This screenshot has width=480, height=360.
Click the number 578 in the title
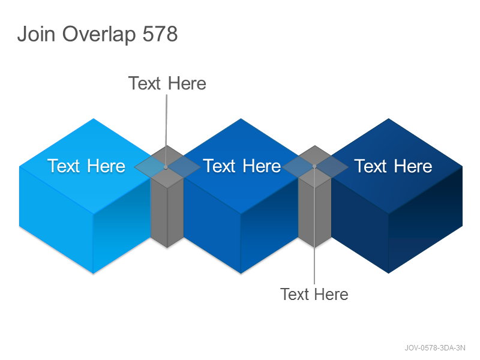(x=160, y=34)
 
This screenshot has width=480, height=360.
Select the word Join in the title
(x=36, y=34)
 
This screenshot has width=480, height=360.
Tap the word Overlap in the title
(x=99, y=34)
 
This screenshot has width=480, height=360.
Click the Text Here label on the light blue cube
(x=86, y=166)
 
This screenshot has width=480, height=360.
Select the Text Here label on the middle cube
(x=242, y=166)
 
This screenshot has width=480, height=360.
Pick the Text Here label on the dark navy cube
(x=393, y=166)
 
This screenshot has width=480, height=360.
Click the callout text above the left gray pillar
(x=167, y=83)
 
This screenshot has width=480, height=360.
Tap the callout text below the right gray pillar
(x=314, y=294)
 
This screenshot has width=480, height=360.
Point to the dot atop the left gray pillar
(x=166, y=167)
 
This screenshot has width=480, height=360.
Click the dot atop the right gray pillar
(x=314, y=166)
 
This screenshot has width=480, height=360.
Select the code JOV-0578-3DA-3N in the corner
(x=435, y=348)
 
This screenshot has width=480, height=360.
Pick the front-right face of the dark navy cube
(x=425, y=220)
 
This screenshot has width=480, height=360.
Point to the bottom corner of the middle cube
(x=241, y=274)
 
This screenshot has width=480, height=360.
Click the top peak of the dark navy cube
(x=388, y=118)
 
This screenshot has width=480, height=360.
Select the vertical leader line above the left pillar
(x=166, y=130)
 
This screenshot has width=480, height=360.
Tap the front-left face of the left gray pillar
(x=159, y=211)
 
